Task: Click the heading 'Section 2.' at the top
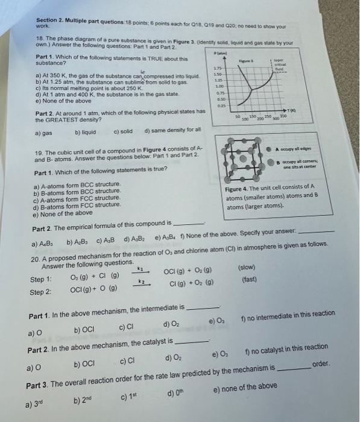click(x=52, y=19)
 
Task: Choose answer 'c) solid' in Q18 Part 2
click(x=124, y=131)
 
